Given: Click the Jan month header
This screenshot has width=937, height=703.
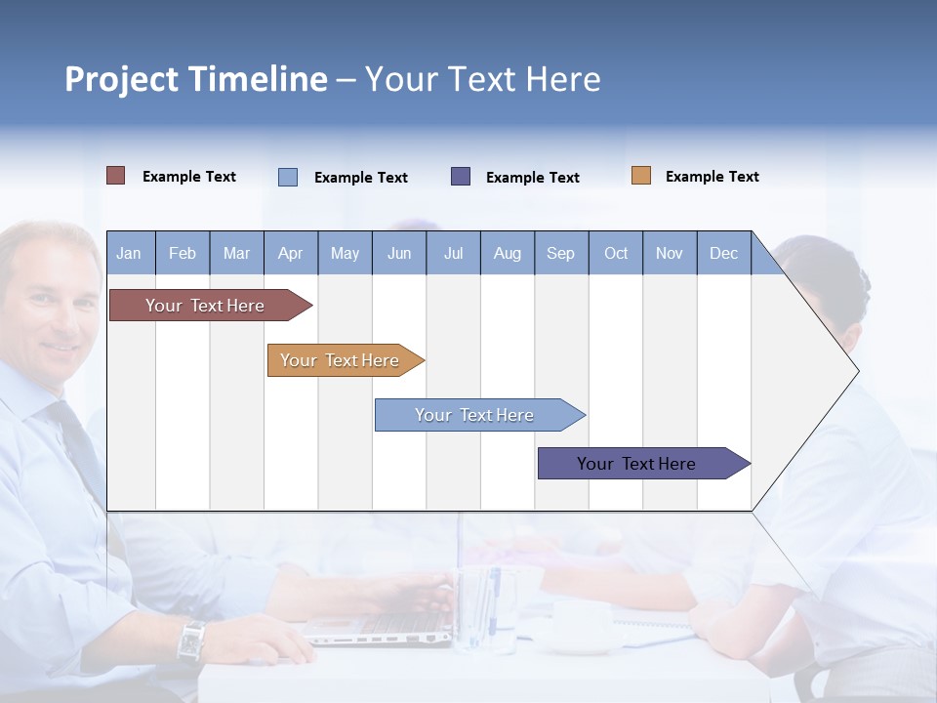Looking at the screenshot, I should tap(129, 253).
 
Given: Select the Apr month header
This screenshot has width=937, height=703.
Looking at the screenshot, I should tap(290, 253).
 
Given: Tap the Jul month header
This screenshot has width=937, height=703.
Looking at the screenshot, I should tap(453, 253).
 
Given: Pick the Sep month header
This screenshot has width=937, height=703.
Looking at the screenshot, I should tap(560, 253).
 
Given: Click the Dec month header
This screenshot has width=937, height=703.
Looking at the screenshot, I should tap(723, 253).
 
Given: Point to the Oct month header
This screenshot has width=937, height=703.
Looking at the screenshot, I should tap(616, 253).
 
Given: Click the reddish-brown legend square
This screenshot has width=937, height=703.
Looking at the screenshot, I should tap(115, 176).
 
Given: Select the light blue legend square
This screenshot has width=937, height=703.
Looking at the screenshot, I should tap(288, 177).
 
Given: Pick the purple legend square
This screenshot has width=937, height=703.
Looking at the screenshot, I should tap(461, 176).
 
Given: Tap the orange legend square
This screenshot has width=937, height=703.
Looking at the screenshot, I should tap(640, 176).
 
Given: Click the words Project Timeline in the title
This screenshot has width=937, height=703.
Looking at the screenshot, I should tap(195, 79).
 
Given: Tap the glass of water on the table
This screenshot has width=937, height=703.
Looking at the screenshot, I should tap(486, 610).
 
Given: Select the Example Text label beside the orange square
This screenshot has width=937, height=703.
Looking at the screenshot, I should tap(712, 176).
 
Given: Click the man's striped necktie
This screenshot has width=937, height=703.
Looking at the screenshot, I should tap(73, 439).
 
